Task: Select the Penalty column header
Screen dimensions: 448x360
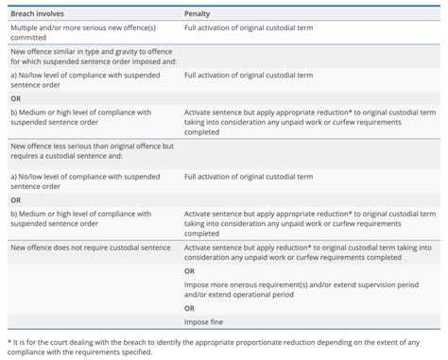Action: (x=199, y=14)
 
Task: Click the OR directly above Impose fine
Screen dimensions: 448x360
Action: (x=190, y=308)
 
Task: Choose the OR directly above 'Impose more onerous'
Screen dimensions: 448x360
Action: (x=190, y=271)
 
